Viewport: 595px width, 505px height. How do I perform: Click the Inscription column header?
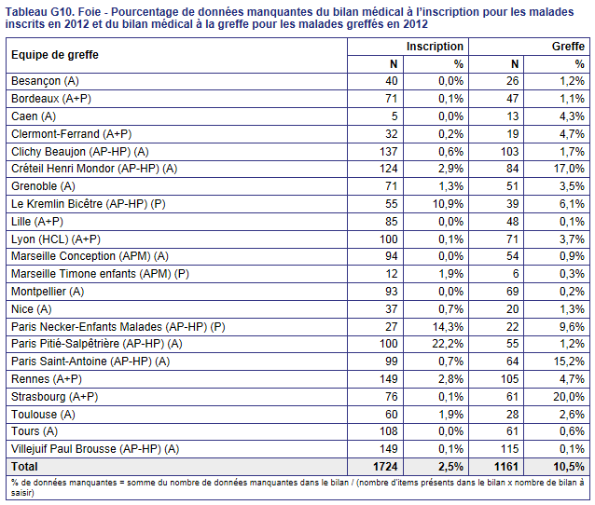[435, 47]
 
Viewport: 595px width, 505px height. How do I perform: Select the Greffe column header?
[568, 47]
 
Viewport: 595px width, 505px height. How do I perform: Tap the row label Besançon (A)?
[45, 81]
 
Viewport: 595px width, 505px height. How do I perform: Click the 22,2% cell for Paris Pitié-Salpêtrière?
[448, 344]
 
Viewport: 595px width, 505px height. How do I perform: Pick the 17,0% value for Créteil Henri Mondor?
[569, 169]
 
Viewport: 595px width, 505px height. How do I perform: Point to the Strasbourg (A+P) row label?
[55, 397]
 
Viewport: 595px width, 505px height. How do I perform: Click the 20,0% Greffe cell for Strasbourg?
[569, 397]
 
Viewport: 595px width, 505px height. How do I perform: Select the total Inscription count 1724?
[385, 467]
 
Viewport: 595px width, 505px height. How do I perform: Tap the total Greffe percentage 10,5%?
[569, 467]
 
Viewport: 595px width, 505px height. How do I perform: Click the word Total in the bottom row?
[24, 467]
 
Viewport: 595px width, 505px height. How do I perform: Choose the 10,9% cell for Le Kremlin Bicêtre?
[449, 204]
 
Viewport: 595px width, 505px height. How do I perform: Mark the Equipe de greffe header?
[55, 55]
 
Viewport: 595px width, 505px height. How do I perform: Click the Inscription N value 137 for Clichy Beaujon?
[389, 152]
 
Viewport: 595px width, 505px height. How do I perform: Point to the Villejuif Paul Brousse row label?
[95, 449]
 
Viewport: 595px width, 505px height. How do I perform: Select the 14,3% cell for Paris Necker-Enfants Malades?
[449, 327]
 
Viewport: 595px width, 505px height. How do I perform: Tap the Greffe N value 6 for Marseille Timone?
[516, 274]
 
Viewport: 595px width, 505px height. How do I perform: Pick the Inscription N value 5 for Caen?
[394, 116]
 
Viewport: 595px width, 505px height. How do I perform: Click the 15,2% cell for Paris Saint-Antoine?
[569, 362]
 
